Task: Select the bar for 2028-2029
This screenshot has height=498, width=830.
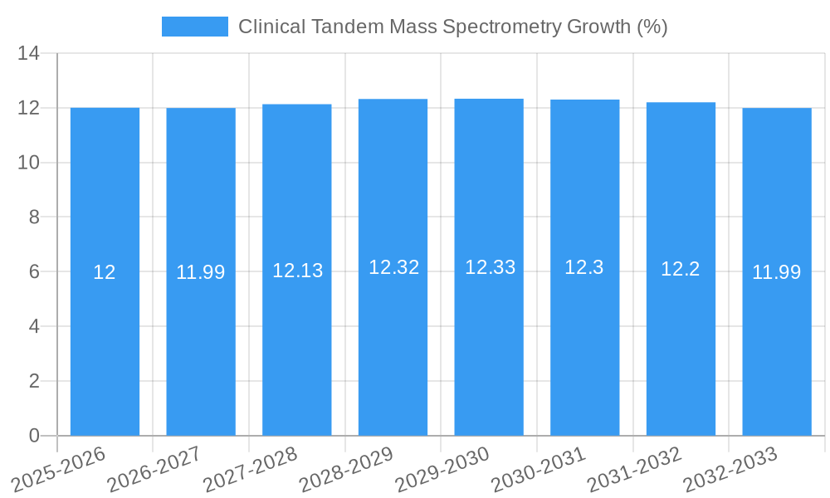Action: point(393,349)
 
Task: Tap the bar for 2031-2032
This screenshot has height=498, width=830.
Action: point(681,349)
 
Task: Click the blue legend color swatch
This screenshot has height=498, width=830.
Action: point(194,27)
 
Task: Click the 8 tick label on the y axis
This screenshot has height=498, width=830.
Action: point(34,217)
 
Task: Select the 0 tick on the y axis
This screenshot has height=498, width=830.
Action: point(34,436)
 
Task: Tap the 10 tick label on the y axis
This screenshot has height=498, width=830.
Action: point(29,163)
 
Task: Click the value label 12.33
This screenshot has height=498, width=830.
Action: point(490,267)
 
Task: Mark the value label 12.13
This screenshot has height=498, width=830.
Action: point(297,271)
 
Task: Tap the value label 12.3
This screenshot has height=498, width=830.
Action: point(584,267)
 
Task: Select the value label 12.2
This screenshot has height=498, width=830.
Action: point(681,269)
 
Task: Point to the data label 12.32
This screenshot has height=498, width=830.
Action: point(393,267)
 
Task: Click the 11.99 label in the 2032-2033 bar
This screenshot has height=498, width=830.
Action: point(777,272)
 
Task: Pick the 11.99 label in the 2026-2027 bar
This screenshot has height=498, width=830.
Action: point(200,272)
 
